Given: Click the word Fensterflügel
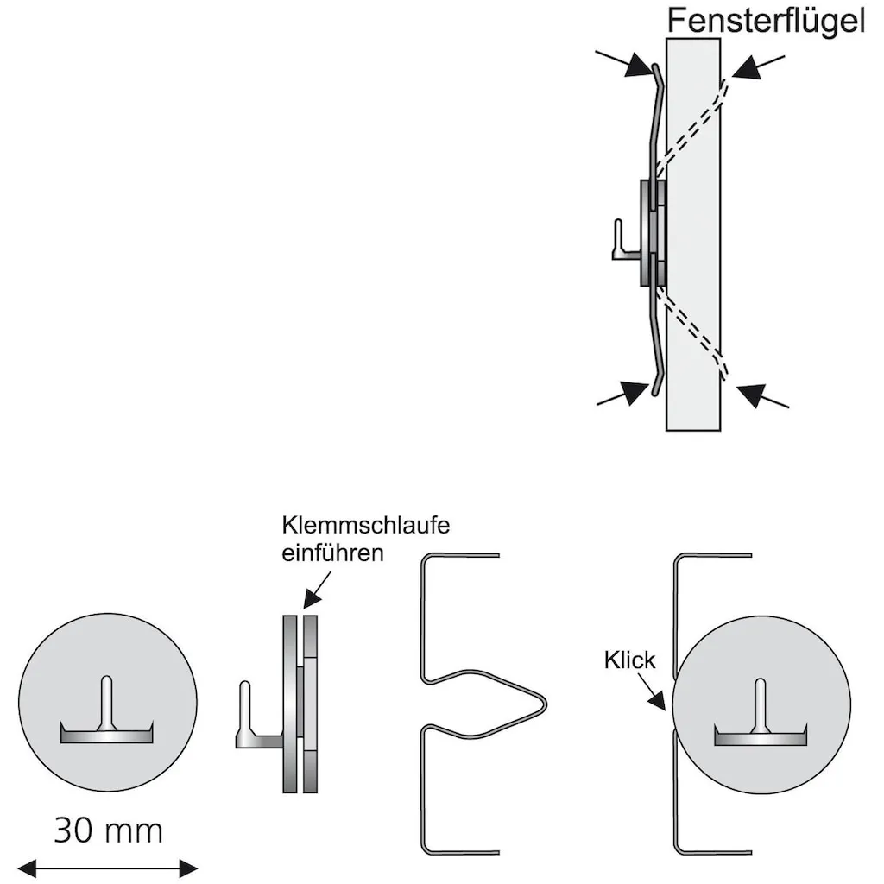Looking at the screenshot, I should (x=765, y=21).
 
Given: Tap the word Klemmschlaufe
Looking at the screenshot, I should (x=366, y=526).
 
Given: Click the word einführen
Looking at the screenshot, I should (x=332, y=553).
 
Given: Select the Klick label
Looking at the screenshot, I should (x=629, y=661).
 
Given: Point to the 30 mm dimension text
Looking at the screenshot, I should (x=108, y=830).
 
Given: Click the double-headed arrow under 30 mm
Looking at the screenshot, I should (x=108, y=868).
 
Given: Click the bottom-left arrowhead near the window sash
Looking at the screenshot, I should (x=635, y=393).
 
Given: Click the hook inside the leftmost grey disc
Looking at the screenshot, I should (x=107, y=717).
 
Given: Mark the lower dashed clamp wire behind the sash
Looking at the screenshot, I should (x=691, y=332).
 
